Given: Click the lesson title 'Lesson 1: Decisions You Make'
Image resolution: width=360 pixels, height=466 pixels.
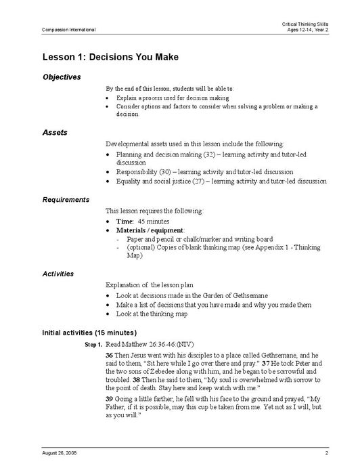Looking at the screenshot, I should [x=110, y=57].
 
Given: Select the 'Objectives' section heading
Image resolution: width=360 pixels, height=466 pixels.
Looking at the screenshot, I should [x=62, y=77].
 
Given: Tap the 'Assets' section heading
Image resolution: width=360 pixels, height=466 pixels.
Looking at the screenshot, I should [x=55, y=133].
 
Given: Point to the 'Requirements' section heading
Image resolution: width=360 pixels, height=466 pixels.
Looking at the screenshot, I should [x=66, y=200].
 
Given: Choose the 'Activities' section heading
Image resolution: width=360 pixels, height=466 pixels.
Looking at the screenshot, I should [x=58, y=274].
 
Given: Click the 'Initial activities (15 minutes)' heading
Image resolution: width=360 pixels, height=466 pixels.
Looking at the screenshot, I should [x=89, y=333].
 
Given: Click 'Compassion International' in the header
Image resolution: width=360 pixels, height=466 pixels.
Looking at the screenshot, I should [x=68, y=30].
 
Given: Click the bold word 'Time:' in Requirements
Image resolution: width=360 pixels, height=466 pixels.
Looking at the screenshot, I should [x=125, y=221].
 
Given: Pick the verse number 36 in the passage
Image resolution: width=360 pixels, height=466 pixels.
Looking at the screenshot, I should [x=109, y=356].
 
